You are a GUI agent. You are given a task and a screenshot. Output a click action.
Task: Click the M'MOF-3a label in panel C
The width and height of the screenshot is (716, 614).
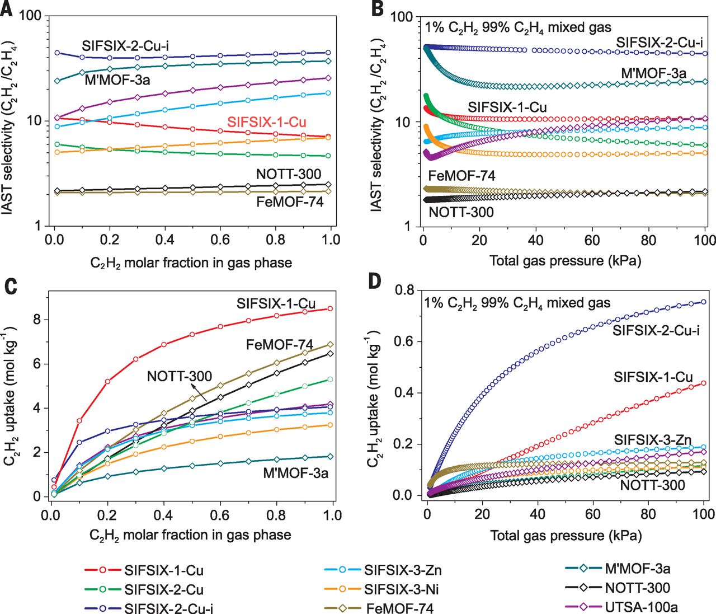(x=295, y=474)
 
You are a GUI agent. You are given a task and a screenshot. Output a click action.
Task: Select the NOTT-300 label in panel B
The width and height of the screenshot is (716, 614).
(x=461, y=212)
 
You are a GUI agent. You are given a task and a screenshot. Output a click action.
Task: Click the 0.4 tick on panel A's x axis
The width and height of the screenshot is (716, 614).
(x=164, y=240)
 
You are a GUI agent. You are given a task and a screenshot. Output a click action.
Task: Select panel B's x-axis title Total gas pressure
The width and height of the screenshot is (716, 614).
(x=565, y=260)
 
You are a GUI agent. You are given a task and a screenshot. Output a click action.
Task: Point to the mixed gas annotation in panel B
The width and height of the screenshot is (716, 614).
(x=518, y=27)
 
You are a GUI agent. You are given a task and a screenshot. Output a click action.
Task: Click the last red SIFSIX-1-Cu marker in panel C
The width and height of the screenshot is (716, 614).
(x=331, y=308)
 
